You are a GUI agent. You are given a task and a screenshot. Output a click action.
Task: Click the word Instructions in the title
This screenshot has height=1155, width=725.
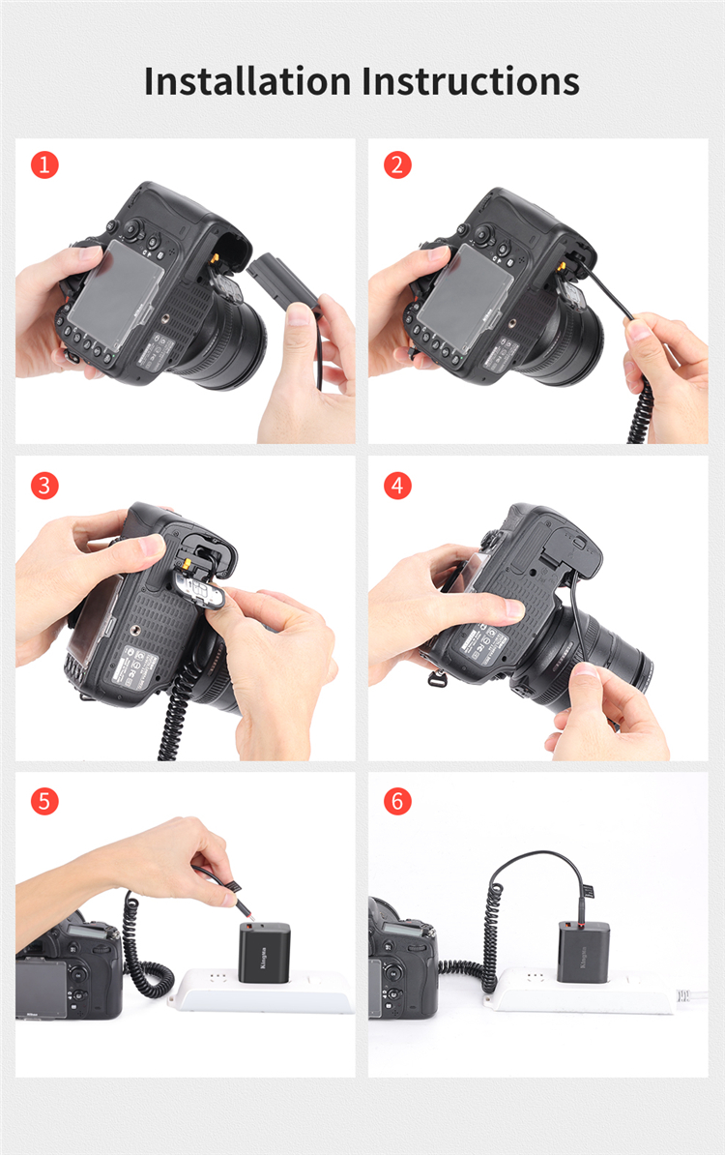tap(472, 81)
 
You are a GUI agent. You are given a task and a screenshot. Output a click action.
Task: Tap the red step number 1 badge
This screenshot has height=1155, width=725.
tap(44, 164)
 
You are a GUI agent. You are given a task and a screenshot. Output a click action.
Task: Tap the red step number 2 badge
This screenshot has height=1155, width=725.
tap(397, 164)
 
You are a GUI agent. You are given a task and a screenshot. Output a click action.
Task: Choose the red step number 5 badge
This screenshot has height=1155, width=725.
tap(44, 801)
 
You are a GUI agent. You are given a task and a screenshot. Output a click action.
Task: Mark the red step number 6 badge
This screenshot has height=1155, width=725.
tap(397, 801)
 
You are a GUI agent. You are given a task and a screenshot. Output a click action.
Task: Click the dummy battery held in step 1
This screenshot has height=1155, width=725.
tap(280, 281)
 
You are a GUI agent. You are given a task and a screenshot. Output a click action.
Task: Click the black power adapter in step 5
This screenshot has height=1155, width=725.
tap(264, 949)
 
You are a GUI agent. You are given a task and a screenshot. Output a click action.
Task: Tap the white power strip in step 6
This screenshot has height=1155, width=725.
tap(580, 995)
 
